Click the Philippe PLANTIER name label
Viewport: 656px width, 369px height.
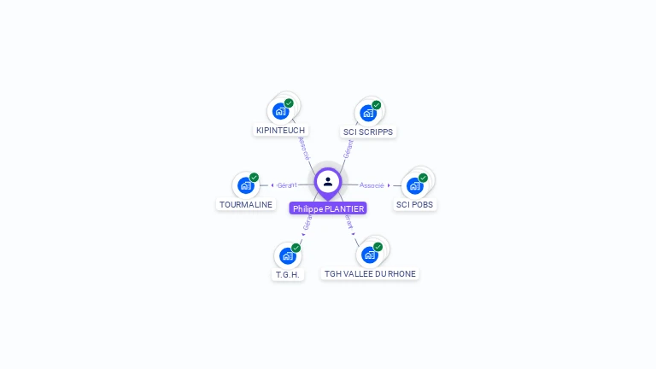[x=328, y=208]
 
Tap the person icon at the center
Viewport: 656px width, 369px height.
[x=328, y=181]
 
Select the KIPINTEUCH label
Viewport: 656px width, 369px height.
[x=280, y=131]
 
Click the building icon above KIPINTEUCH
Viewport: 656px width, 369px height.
[x=280, y=111]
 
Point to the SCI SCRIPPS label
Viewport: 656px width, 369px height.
[x=368, y=132]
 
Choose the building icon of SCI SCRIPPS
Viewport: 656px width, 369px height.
[x=367, y=113]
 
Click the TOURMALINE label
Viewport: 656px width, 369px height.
[x=246, y=205]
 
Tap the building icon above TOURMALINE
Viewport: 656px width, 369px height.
[x=245, y=185]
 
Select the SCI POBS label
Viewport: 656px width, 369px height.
[x=415, y=205]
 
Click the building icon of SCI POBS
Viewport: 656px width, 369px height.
[x=414, y=185]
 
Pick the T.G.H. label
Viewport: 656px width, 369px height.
[x=288, y=275]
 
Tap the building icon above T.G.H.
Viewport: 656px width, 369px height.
[x=287, y=255]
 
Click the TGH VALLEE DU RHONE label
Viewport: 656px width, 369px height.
[x=371, y=274]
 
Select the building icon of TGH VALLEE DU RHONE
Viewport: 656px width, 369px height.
[x=369, y=255]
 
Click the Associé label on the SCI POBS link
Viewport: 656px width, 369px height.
[x=372, y=185]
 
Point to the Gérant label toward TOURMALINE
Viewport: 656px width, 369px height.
[x=286, y=185]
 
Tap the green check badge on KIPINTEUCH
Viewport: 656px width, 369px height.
[x=289, y=103]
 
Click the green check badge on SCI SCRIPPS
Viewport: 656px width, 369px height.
[x=377, y=105]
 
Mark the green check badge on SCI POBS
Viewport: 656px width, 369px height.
[x=423, y=178]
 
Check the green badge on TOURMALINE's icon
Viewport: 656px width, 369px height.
[x=254, y=178]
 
